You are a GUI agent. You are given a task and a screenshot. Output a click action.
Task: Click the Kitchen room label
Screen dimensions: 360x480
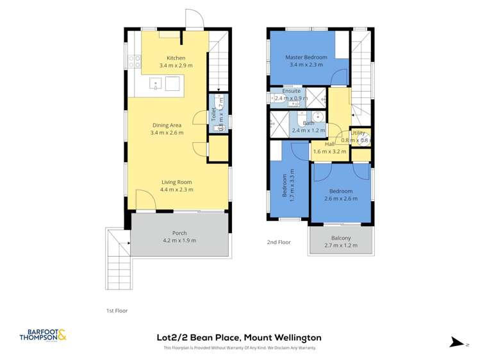point(176,58)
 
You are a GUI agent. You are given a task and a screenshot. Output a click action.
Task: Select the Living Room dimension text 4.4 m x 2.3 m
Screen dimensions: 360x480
point(176,190)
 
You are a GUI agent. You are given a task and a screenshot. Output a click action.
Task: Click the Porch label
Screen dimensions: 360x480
point(179,233)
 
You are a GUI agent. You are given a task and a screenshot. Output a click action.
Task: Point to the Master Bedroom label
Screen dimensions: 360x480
point(306,58)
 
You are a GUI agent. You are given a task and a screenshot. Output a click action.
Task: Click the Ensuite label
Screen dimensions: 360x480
point(292,91)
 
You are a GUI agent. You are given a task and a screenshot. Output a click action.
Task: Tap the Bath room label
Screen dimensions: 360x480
point(309,123)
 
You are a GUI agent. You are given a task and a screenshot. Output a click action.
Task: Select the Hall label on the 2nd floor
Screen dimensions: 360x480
point(330,144)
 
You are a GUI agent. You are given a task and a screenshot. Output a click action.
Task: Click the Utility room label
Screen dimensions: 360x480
point(358,133)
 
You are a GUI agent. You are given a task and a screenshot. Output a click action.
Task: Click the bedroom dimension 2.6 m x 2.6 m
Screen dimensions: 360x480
point(341,199)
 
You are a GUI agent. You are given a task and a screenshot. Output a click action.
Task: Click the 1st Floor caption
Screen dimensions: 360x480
point(117,311)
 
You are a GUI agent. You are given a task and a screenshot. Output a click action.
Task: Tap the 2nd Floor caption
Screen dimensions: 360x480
point(279,242)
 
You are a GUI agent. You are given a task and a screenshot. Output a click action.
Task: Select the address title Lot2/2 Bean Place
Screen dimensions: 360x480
point(239,337)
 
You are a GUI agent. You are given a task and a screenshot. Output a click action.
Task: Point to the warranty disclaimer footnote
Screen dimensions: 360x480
point(240,348)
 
